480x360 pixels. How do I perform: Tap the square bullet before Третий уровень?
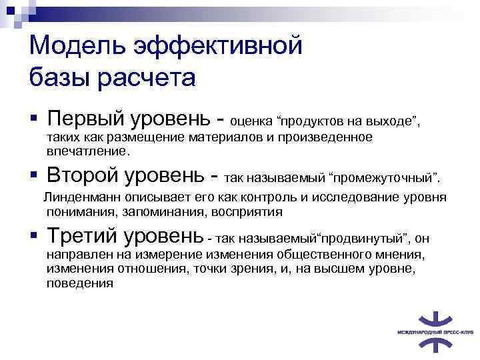[x=34, y=235]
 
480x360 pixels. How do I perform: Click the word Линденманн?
[x=82, y=198]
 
